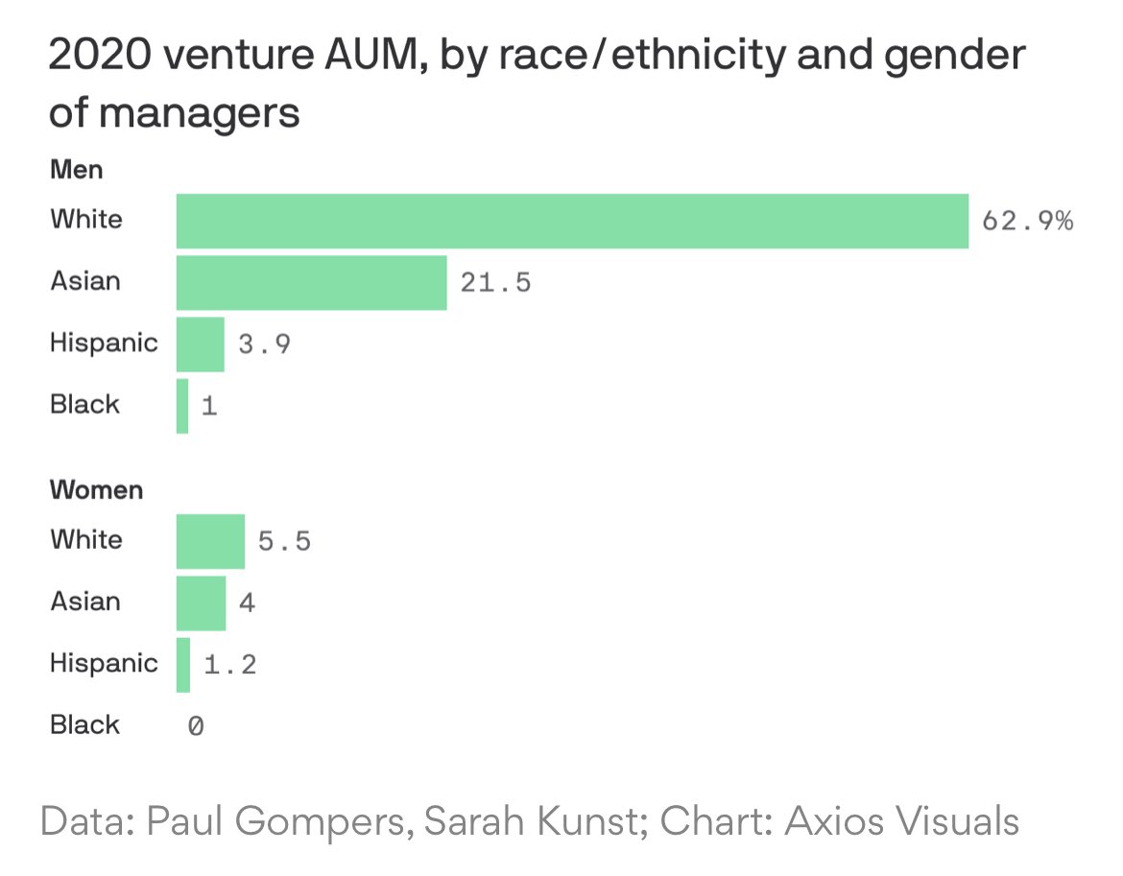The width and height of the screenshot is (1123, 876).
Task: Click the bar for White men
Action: click(x=572, y=221)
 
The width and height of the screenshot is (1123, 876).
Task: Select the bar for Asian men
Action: click(x=311, y=282)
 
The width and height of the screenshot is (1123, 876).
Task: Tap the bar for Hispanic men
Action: click(x=200, y=343)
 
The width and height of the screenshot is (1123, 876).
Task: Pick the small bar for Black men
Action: click(x=182, y=405)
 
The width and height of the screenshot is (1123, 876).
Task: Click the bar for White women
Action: click(x=210, y=541)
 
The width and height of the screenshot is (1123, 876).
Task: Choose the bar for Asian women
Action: click(x=201, y=603)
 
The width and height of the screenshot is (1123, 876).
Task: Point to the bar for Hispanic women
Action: click(x=183, y=664)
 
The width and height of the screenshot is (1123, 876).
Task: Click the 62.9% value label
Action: click(x=1027, y=222)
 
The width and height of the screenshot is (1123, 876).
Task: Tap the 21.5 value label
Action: click(x=495, y=283)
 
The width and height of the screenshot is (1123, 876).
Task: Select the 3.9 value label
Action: click(x=264, y=344)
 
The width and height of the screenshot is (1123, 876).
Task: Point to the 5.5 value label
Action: click(x=284, y=542)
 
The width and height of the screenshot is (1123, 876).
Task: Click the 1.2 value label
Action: click(x=230, y=665)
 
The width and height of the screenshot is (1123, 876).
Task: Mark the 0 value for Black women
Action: click(x=195, y=726)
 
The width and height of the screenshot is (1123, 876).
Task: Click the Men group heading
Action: click(x=76, y=171)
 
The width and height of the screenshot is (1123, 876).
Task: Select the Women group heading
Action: click(x=96, y=490)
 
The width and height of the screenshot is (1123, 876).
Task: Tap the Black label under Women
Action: click(x=85, y=725)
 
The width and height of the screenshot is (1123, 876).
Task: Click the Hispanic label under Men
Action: click(x=104, y=343)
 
